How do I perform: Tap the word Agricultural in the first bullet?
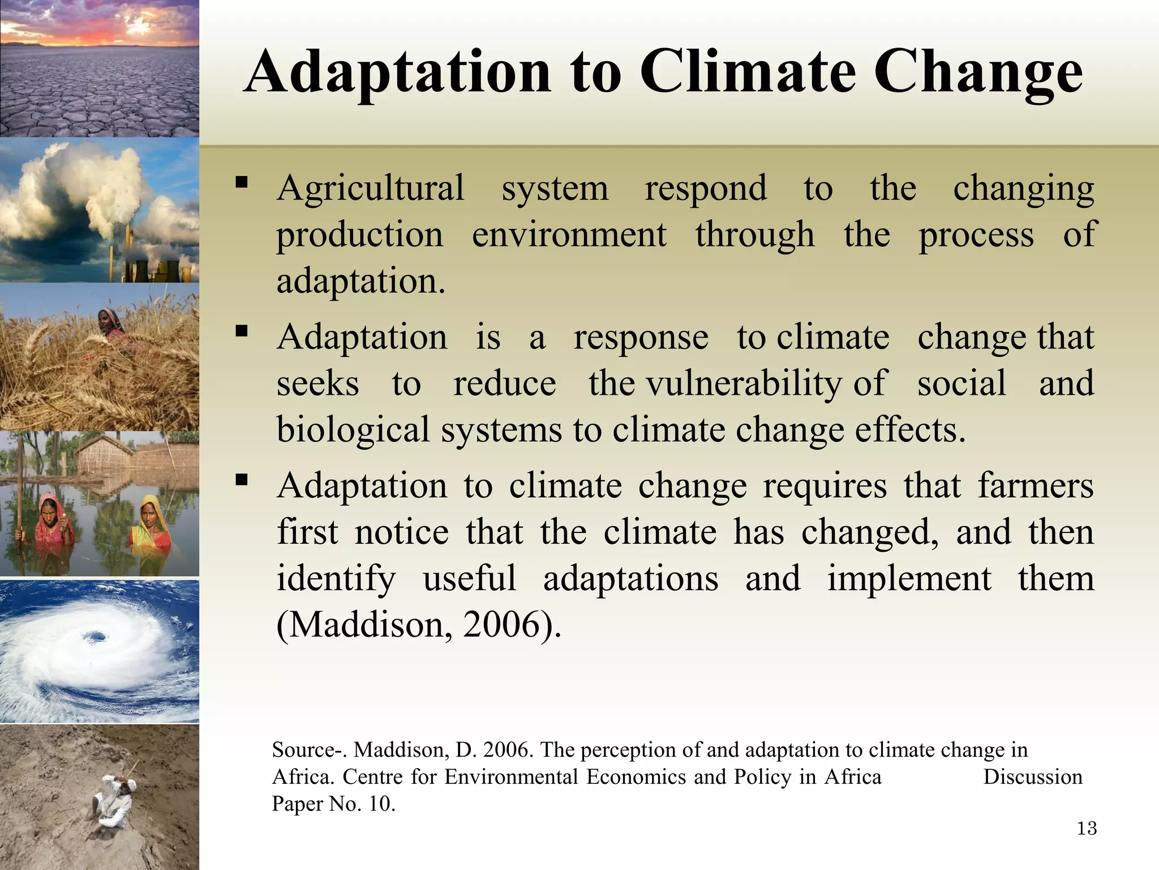[371, 188]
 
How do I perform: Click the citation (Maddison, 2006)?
[419, 625]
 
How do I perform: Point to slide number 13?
[1087, 829]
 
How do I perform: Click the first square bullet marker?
[242, 182]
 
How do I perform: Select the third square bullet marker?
[242, 480]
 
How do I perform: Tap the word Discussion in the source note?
[1032, 777]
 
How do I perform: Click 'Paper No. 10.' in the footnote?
[333, 804]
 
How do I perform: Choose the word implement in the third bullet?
[909, 579]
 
